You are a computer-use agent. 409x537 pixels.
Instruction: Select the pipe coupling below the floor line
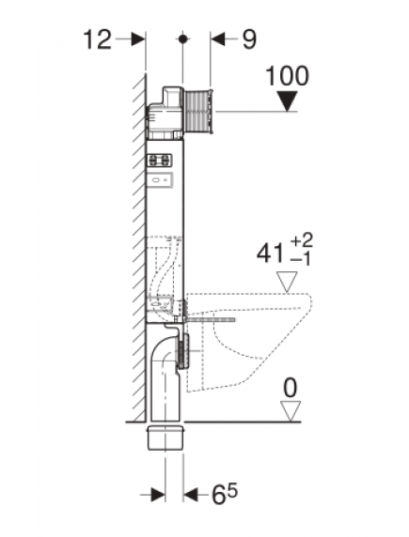click(167, 436)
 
